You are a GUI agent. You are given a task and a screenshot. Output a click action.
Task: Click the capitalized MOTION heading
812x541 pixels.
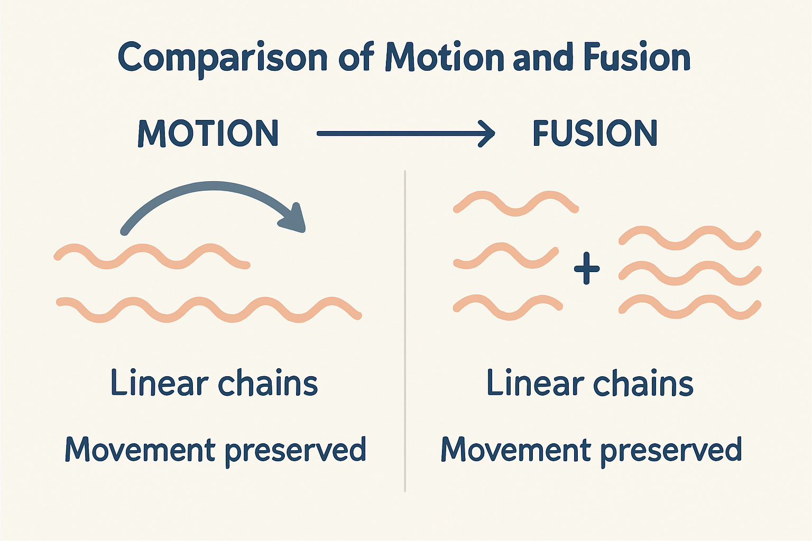pos(208,133)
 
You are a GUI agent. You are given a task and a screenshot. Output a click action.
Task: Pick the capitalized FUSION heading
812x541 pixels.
pos(595,133)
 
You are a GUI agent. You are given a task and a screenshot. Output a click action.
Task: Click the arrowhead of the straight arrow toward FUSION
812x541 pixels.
pos(487,134)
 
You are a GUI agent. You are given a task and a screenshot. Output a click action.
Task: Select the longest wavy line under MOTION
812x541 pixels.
pos(209,310)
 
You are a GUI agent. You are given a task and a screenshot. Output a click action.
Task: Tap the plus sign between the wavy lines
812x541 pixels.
pos(587,268)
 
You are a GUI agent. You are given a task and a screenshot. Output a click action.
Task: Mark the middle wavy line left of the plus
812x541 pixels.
pos(506,256)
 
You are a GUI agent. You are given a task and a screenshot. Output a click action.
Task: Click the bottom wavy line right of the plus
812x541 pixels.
pos(690,307)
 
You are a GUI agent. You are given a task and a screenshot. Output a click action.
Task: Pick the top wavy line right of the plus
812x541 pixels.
pos(690,238)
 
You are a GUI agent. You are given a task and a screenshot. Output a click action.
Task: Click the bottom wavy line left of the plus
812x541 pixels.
pos(508,307)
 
